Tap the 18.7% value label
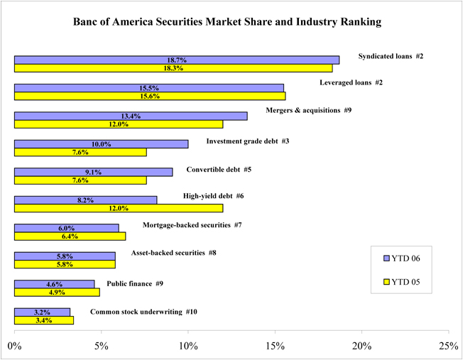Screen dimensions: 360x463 point(176,60)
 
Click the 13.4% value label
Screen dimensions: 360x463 point(131,116)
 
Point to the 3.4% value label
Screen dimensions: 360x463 point(43,320)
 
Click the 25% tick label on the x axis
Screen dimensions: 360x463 point(448,345)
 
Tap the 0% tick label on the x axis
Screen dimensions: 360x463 point(14,345)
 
